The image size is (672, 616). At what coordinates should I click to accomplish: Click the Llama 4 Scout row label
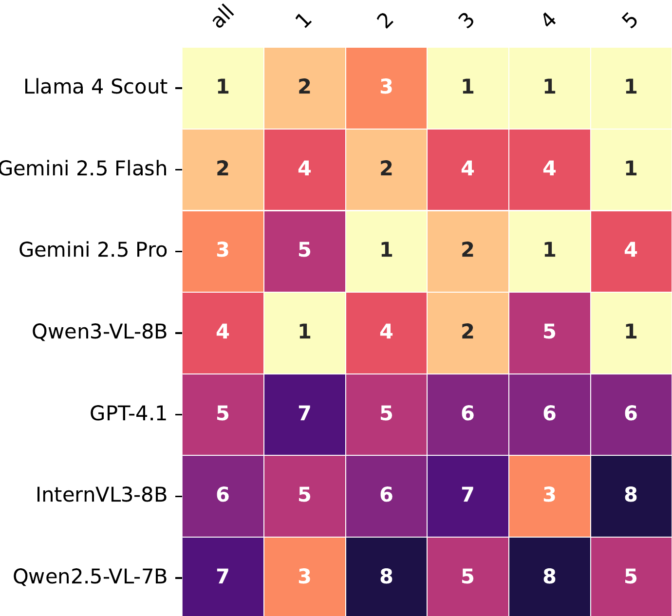pos(95,87)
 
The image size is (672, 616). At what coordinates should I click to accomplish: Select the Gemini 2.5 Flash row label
pos(84,169)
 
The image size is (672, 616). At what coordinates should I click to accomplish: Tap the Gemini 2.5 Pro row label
pos(93,250)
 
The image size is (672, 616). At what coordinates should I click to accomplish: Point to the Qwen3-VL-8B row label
pos(99,332)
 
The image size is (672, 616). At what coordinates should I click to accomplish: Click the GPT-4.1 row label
pos(129,414)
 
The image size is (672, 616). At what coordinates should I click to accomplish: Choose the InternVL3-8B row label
pos(101,495)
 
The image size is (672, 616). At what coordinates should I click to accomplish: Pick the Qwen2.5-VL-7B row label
pos(90,577)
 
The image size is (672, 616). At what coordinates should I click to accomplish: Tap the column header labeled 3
pos(467,20)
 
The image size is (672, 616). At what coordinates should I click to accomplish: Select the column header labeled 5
pos(630,20)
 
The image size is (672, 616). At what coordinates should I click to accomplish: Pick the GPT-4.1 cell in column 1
pos(304,414)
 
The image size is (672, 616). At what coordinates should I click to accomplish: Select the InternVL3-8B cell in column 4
pos(549,495)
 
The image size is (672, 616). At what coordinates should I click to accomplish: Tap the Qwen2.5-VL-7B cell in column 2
pos(386,577)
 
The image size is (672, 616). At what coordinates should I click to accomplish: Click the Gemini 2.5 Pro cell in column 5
pos(631,250)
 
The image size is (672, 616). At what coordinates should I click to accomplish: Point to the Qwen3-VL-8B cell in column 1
pos(304,332)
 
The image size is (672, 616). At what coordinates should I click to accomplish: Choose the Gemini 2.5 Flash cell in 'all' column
pos(223,169)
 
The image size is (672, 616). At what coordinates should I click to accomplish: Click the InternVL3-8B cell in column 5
pos(631,495)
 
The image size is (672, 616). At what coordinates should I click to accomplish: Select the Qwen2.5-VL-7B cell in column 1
pos(304,577)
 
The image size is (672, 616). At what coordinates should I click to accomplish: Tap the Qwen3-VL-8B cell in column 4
pos(549,332)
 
